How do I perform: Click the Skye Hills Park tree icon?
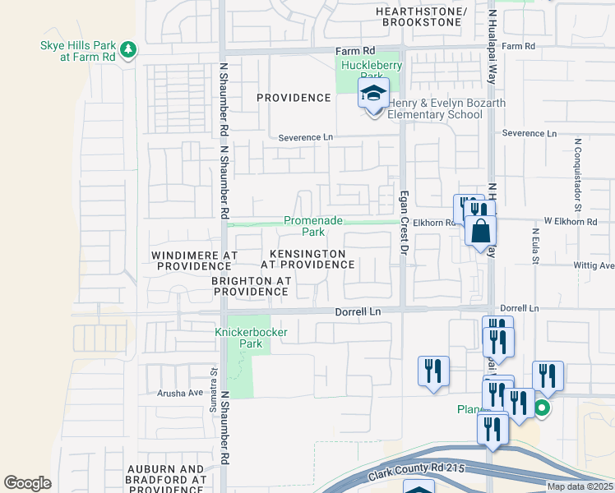[128, 51]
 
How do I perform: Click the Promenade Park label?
[312, 226]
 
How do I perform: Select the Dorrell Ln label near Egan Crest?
[358, 312]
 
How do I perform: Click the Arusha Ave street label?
[180, 393]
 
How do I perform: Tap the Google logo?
[28, 483]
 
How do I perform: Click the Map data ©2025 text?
[580, 486]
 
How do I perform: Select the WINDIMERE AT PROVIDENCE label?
[195, 261]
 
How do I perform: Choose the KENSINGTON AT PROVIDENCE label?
[307, 259]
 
